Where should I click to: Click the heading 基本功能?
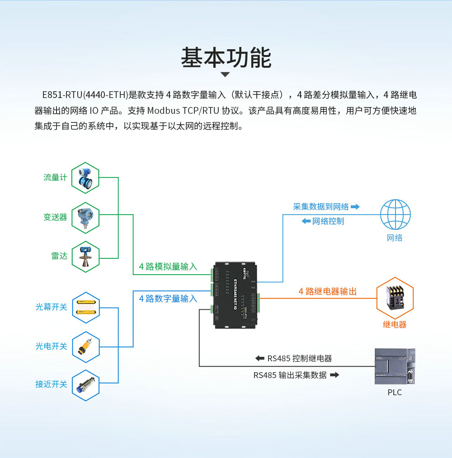pyautogui.click(x=226, y=58)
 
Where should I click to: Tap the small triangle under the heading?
pyautogui.click(x=225, y=75)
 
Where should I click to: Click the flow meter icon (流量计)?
pyautogui.click(x=85, y=178)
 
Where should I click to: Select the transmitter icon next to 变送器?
pyautogui.click(x=85, y=217)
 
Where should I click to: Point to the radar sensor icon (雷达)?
pyautogui.click(x=85, y=256)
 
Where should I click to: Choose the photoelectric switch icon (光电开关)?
pyautogui.click(x=85, y=346)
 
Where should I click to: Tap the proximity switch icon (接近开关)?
pyautogui.click(x=85, y=384)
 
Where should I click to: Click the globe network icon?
pyautogui.click(x=395, y=215)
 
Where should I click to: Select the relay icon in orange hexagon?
pyautogui.click(x=395, y=299)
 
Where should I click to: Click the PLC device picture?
pyautogui.click(x=395, y=366)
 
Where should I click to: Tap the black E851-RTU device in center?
pyautogui.click(x=235, y=294)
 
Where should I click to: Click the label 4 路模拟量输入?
pyautogui.click(x=168, y=266)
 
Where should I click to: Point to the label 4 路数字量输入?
pyautogui.click(x=168, y=299)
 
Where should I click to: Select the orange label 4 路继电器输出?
pyautogui.click(x=327, y=292)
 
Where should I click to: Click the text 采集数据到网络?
pyautogui.click(x=321, y=207)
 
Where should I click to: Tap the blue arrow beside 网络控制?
pyautogui.click(x=306, y=221)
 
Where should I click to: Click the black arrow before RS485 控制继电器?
pyautogui.click(x=259, y=359)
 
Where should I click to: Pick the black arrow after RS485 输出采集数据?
pyautogui.click(x=334, y=375)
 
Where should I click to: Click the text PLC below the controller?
pyautogui.click(x=395, y=393)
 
